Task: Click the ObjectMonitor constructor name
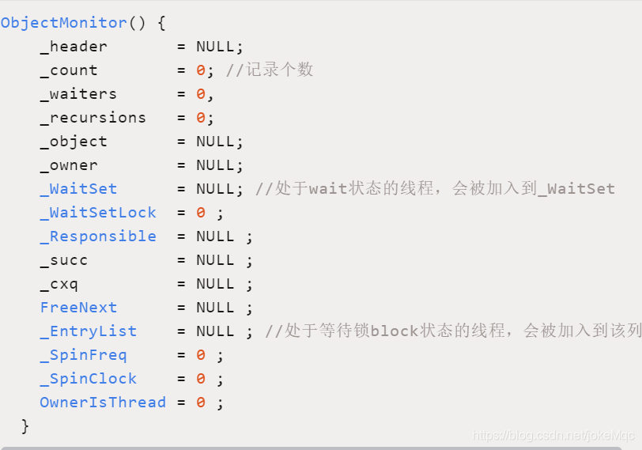coord(63,23)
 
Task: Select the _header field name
coord(74,47)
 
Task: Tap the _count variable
coord(69,70)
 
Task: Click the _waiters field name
coord(78,94)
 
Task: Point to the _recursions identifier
coord(93,118)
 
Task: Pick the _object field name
coord(74,142)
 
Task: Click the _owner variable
coord(69,165)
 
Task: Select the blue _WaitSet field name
coord(78,189)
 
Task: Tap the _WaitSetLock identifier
coord(98,213)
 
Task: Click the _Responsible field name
coord(98,236)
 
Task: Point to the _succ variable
coord(64,260)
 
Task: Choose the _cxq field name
coord(59,284)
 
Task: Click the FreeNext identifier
coord(78,308)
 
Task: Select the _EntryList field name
coord(89,331)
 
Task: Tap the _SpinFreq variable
coord(83,355)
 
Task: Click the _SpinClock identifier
coord(89,379)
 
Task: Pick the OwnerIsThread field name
coord(103,403)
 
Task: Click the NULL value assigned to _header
coord(215,47)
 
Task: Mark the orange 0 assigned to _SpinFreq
coord(201,355)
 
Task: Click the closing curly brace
coord(25,425)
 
